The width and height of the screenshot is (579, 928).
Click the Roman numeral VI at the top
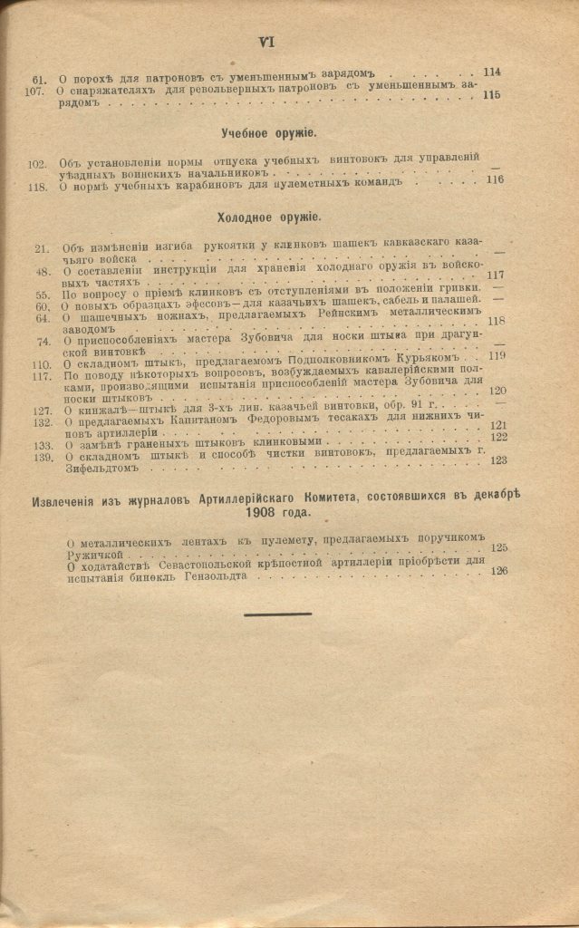pyautogui.click(x=265, y=42)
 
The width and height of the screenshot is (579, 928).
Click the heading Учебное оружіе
pyautogui.click(x=267, y=133)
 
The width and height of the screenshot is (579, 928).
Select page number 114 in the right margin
pyautogui.click(x=492, y=72)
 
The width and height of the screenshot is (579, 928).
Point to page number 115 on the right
pyautogui.click(x=492, y=94)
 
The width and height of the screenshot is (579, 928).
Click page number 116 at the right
pyautogui.click(x=495, y=179)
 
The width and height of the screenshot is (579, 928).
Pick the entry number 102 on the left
pyautogui.click(x=37, y=164)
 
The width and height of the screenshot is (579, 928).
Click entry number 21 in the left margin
pyautogui.click(x=41, y=247)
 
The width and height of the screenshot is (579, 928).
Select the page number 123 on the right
pyautogui.click(x=497, y=460)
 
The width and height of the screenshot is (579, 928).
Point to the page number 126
pyautogui.click(x=499, y=571)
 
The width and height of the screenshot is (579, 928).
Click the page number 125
pyautogui.click(x=498, y=548)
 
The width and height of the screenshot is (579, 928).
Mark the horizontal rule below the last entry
pyautogui.click(x=277, y=614)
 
